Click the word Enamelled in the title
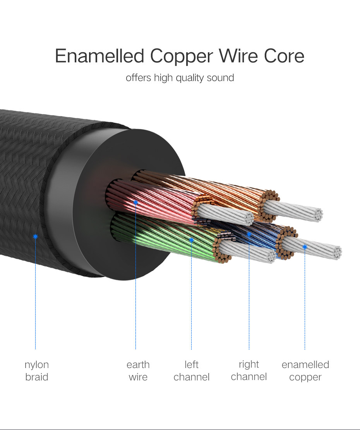pyautogui.click(x=99, y=56)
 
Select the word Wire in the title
pyautogui.click(x=238, y=56)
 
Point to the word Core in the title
pyautogui.click(x=284, y=56)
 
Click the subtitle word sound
pyautogui.click(x=220, y=77)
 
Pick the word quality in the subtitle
pyautogui.click(x=190, y=78)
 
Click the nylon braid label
pyautogui.click(x=37, y=371)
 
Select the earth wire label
pyautogui.click(x=138, y=371)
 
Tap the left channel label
pyautogui.click(x=192, y=371)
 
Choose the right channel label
pyautogui.click(x=249, y=371)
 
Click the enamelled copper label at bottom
pyautogui.click(x=305, y=371)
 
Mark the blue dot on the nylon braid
pyautogui.click(x=35, y=236)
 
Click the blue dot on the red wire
pyautogui.click(x=135, y=202)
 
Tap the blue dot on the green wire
pyautogui.click(x=192, y=240)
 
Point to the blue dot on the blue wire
pyautogui.click(x=249, y=234)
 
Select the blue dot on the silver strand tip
pyautogui.click(x=305, y=247)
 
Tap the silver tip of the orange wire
pyautogui.click(x=293, y=210)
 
